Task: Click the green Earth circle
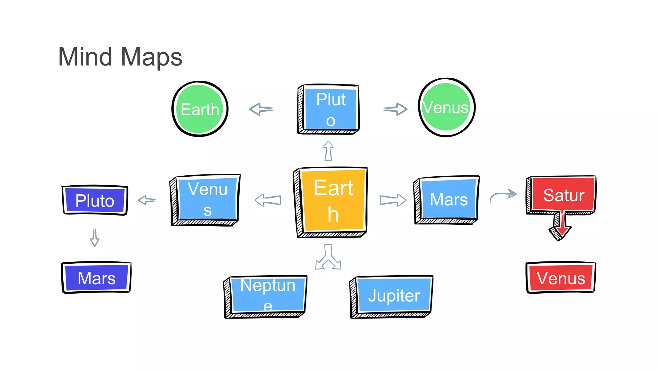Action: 200,109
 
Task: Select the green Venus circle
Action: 446,107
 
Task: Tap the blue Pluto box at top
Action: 330,109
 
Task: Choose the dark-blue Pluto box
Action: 95,200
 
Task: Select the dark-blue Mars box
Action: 96,277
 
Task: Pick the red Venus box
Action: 561,278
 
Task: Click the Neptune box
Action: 267,295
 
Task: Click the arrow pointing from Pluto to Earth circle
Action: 261,109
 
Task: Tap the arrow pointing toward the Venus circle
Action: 396,109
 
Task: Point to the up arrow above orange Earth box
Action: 328,151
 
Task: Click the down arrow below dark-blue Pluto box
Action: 94,238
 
